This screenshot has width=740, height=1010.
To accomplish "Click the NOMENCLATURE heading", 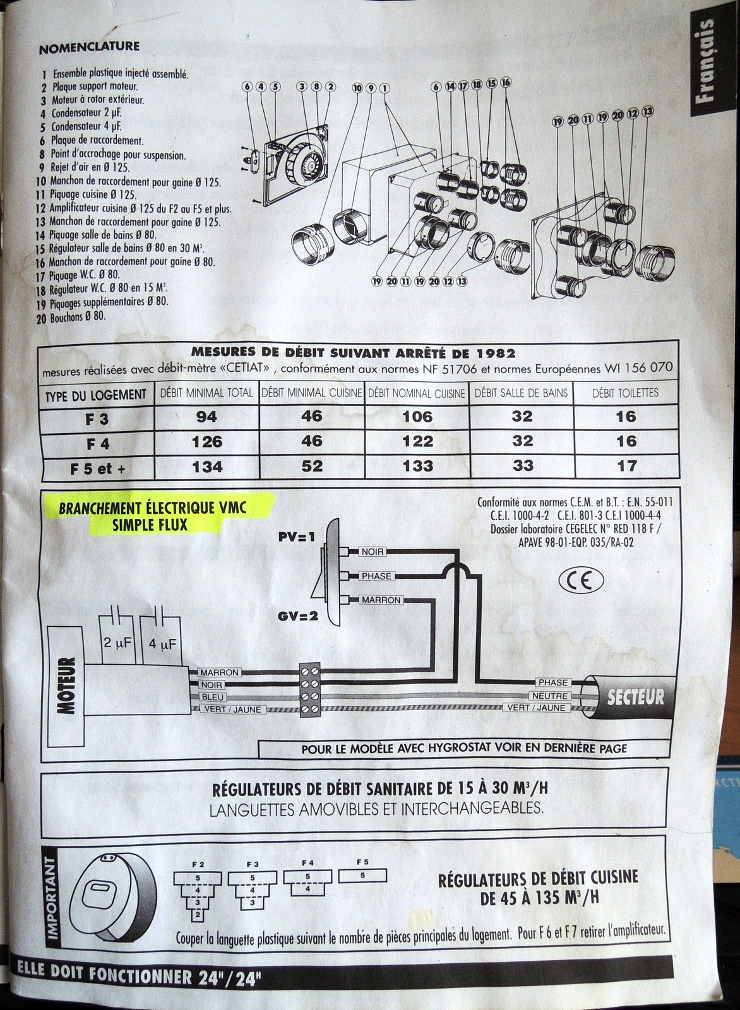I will point(89,47).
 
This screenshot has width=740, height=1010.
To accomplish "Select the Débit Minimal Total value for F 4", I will point(207,442).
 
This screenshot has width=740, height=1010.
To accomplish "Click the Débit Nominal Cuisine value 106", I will point(417,417).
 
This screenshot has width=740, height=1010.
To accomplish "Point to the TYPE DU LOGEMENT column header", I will point(96,395).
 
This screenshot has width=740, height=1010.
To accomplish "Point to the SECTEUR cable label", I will point(635,697).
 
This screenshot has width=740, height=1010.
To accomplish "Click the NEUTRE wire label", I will point(552,696).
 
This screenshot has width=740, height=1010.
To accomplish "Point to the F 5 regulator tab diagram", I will point(362,876).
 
